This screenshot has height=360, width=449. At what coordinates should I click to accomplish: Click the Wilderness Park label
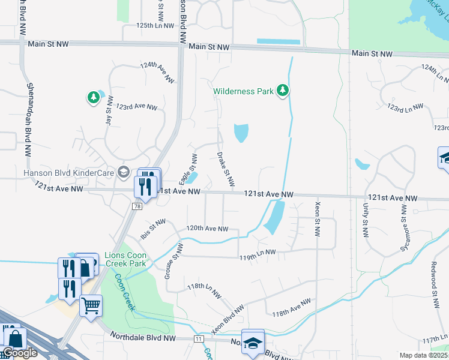click(243, 92)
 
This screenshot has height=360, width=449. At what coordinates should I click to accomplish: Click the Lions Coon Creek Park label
click(125, 259)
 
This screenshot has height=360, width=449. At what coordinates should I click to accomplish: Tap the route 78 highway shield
click(137, 206)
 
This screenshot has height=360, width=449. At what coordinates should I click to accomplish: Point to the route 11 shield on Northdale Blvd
click(198, 339)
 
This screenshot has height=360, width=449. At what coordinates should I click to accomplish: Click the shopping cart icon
click(91, 306)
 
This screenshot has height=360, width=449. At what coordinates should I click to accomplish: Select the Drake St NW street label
click(225, 169)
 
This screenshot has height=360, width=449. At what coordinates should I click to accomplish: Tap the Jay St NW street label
click(109, 112)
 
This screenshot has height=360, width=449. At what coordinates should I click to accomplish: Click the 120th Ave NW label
click(207, 229)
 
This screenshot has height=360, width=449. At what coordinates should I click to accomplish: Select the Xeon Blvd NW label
click(228, 317)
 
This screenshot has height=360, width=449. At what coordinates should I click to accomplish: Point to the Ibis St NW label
click(153, 229)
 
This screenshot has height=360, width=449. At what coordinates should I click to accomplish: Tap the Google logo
click(20, 353)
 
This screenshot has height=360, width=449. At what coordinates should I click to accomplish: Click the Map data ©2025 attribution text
click(423, 355)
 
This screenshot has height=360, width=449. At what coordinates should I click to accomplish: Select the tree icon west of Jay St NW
click(93, 97)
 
